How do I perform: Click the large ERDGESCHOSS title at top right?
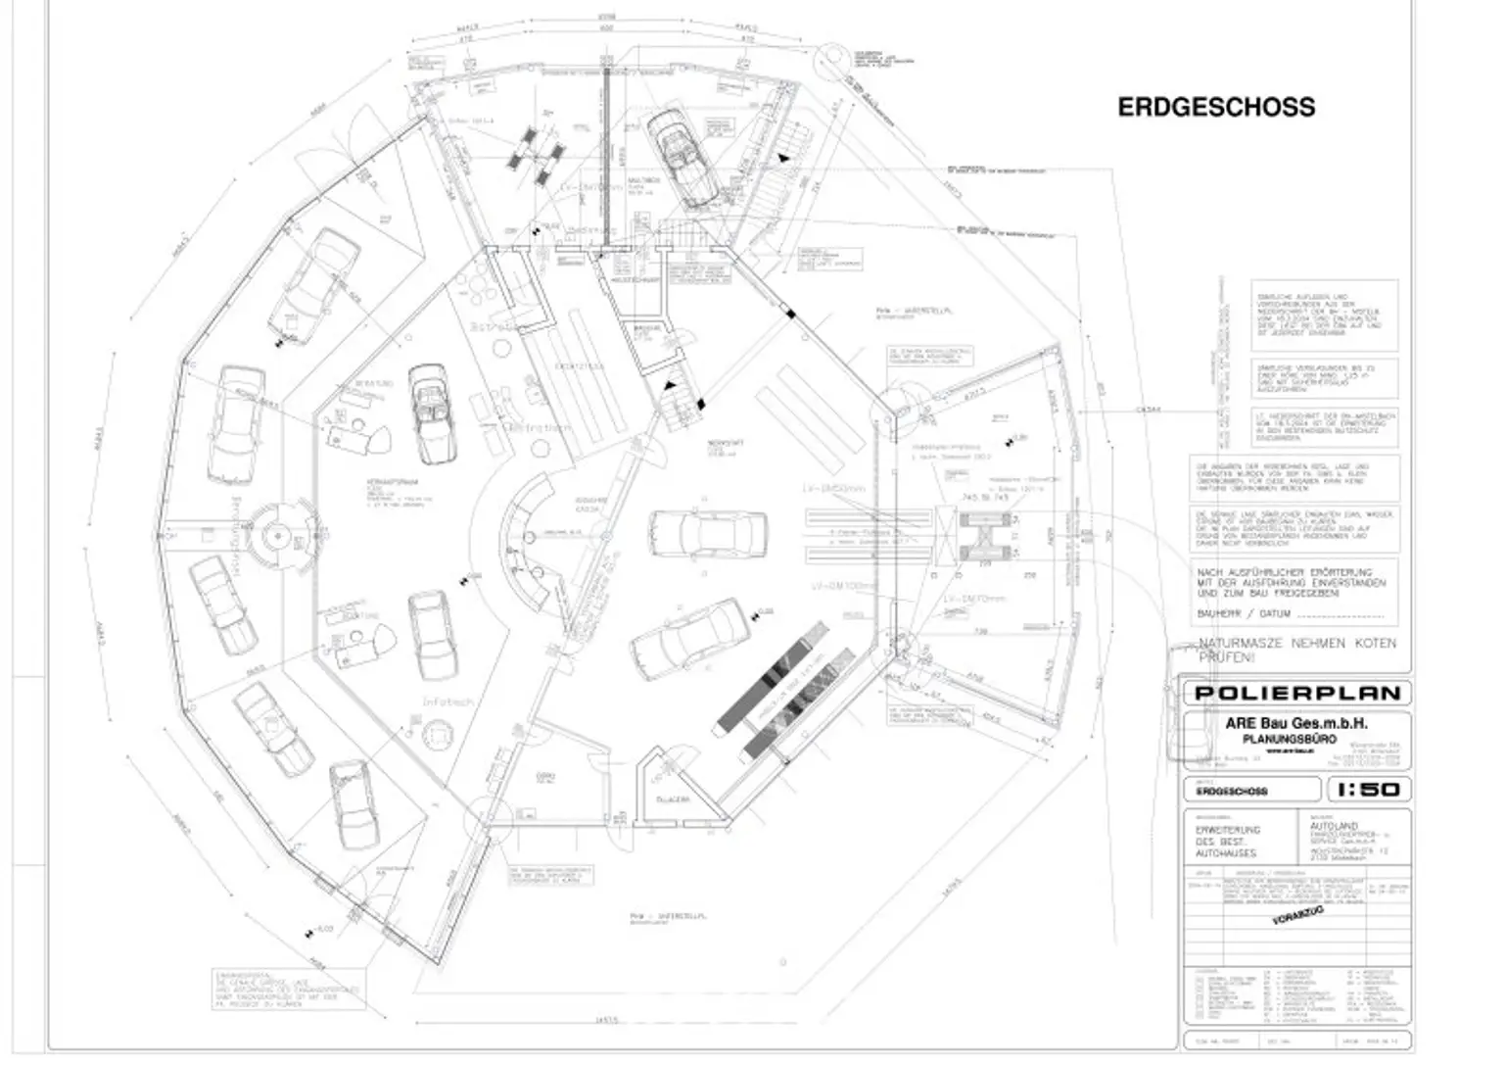click(x=1216, y=107)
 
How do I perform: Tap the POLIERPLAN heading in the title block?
click(x=1296, y=693)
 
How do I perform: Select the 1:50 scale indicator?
click(x=1368, y=789)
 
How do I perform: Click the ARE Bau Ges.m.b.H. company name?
click(x=1296, y=723)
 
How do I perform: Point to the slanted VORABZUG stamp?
click(x=1298, y=916)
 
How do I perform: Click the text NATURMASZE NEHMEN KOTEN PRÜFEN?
click(x=1296, y=650)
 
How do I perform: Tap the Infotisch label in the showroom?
click(x=448, y=702)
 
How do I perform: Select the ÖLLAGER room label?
click(x=674, y=800)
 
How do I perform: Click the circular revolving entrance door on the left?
click(x=277, y=536)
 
